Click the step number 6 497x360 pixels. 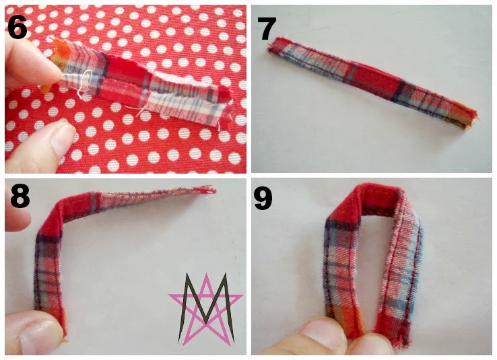(x=17, y=28)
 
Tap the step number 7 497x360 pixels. (x=267, y=29)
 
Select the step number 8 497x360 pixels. (x=20, y=196)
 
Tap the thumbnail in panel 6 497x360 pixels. (x=63, y=140)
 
